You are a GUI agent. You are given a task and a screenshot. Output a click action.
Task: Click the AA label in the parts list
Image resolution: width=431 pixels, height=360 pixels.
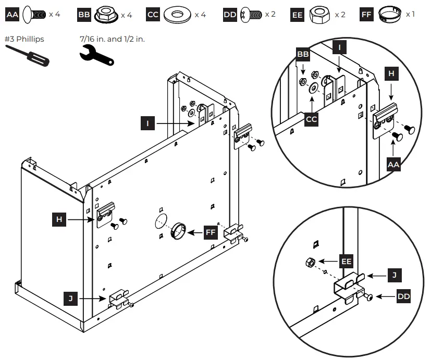point(12,14)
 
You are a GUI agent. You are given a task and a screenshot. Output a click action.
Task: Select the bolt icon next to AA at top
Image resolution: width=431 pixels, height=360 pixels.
point(34,14)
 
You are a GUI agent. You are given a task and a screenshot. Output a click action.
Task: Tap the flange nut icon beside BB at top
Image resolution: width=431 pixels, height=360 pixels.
point(106,15)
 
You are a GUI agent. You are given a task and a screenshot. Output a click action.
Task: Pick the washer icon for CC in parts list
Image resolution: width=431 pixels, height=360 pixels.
point(177,15)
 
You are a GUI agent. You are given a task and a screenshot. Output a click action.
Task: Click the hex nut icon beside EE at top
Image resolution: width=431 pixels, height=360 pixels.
point(319,15)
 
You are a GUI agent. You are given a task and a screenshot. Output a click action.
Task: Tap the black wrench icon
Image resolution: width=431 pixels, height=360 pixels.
point(97,55)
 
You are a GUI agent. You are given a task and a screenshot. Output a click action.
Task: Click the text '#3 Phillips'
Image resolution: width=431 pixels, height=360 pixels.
point(23,39)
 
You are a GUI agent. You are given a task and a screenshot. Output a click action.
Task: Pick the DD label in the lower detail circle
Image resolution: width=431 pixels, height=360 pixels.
point(403,296)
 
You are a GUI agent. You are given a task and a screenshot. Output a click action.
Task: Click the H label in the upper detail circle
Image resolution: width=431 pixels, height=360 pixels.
point(392,74)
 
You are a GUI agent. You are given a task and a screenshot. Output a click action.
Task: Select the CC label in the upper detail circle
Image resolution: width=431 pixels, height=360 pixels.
point(312,120)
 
